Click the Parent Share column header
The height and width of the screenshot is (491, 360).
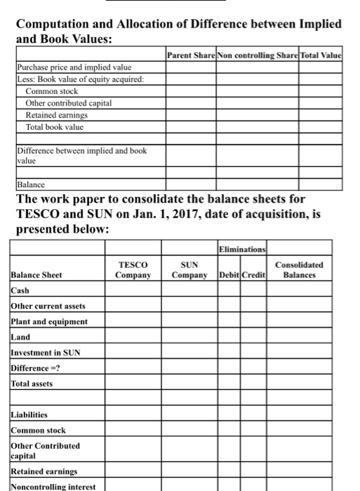point(192,54)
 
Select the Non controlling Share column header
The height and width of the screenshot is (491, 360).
point(258,54)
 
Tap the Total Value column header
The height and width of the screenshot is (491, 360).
point(321,54)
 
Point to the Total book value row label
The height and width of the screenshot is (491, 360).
point(54,127)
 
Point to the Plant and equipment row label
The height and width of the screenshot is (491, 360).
point(48,322)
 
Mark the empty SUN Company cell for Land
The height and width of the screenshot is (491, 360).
point(189,337)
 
